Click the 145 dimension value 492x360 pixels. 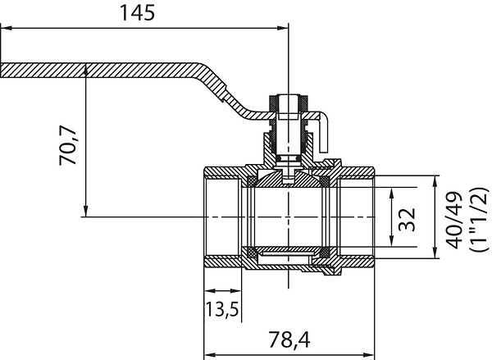click(x=138, y=13)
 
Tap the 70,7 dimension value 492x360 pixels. click(x=68, y=145)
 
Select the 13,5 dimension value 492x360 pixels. click(x=222, y=309)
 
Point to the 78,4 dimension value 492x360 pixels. click(x=289, y=339)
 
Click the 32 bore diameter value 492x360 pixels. click(x=407, y=220)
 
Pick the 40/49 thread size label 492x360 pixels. click(x=454, y=221)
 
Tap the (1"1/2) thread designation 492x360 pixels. click(x=479, y=219)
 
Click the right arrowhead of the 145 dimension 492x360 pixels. click(x=282, y=28)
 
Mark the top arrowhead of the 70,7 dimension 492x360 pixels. click(x=86, y=71)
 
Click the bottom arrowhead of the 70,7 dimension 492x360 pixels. click(x=86, y=212)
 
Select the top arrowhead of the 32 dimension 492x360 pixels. click(x=391, y=194)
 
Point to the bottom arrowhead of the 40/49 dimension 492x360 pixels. click(x=435, y=253)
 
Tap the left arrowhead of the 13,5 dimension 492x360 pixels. click(x=210, y=291)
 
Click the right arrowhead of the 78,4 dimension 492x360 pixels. click(x=369, y=355)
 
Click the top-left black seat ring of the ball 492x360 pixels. click(x=252, y=181)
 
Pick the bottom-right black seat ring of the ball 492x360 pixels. click(x=325, y=252)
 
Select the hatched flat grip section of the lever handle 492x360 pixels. click(x=99, y=71)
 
